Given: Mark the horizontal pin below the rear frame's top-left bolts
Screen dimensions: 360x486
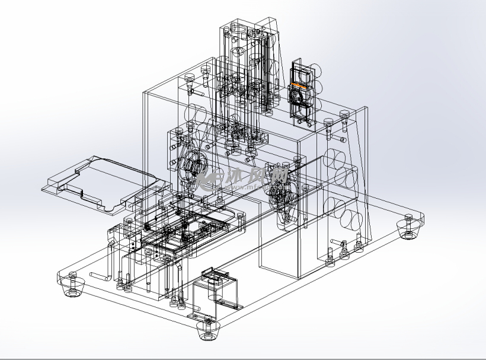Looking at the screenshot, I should (x=194, y=93).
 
